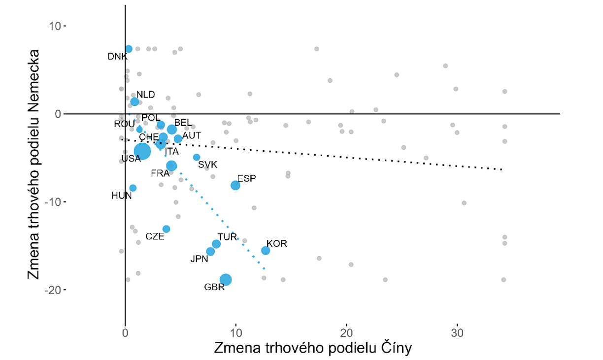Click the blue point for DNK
(129, 49)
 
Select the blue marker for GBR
(226, 280)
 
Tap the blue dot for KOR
(266, 251)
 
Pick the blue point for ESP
(235, 185)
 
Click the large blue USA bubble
(142, 151)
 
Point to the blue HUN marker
(133, 188)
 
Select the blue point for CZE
(167, 229)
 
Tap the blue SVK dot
(197, 157)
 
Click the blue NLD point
(134, 101)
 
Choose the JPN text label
(200, 259)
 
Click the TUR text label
(228, 237)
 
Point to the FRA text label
(160, 173)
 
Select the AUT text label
(192, 135)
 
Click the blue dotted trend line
(222, 217)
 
